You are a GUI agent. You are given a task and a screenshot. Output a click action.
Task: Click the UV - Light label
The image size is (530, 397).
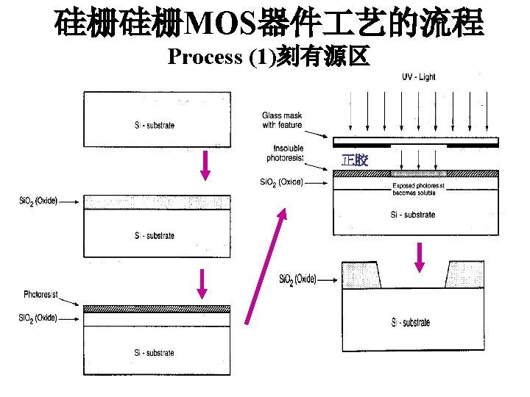tap(418, 77)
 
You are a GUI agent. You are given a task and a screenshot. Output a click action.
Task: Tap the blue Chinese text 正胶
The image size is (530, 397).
tap(355, 160)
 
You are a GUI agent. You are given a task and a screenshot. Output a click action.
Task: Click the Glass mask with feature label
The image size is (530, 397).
tap(282, 120)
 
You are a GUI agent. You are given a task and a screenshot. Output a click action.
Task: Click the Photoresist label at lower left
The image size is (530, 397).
tap(42, 295)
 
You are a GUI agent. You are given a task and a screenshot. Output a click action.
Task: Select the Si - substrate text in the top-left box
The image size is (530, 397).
tap(155, 125)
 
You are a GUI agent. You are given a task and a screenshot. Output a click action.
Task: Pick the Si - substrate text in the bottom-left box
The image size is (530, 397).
tap(155, 353)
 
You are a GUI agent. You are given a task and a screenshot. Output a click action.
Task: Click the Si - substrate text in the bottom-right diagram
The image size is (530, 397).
tap(411, 322)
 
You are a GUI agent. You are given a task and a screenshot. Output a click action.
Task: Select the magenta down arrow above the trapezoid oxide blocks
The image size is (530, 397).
tap(420, 255)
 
